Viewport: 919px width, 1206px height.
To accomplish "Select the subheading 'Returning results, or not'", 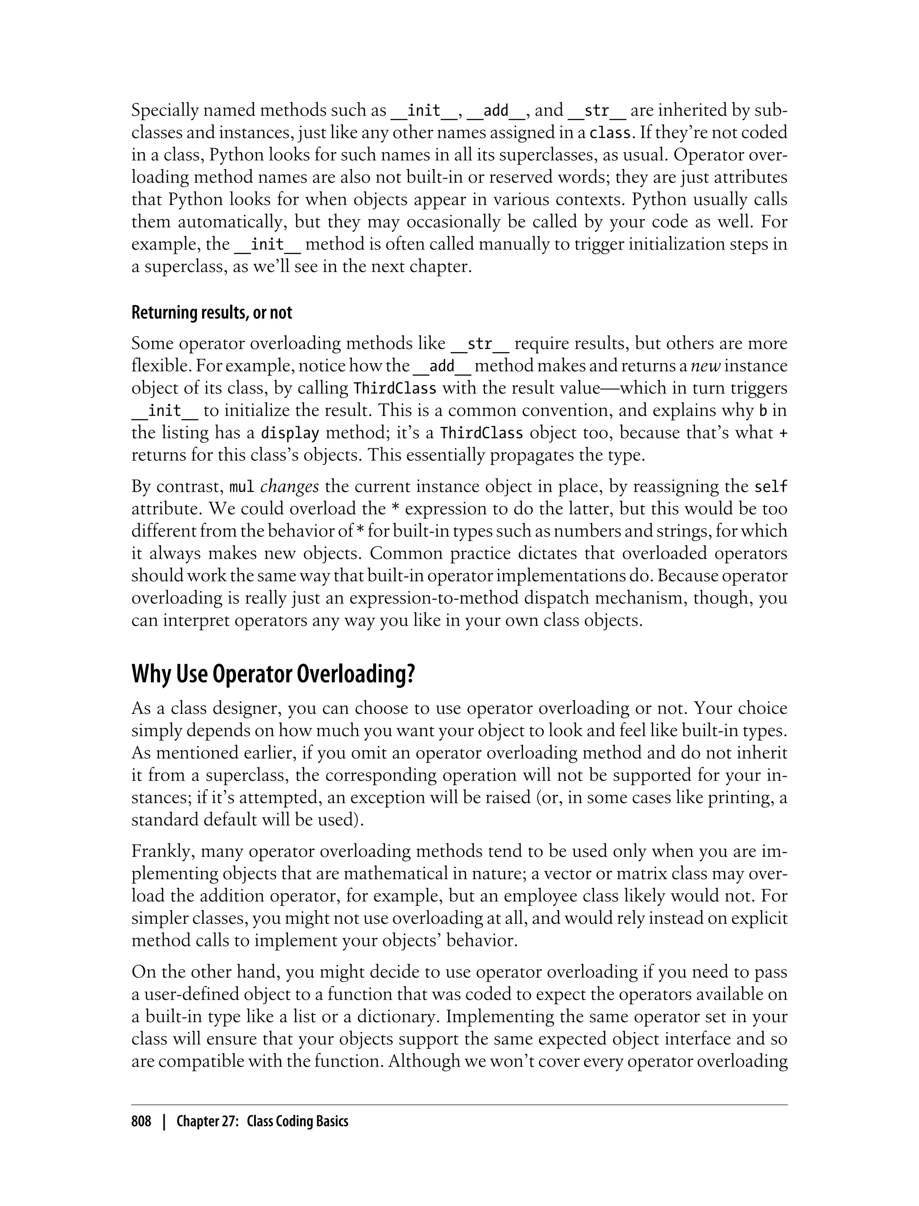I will pyautogui.click(x=212, y=313).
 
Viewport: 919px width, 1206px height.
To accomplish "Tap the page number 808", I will pyautogui.click(x=141, y=1121).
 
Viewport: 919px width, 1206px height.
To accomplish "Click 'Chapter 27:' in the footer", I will pyautogui.click(x=206, y=1121).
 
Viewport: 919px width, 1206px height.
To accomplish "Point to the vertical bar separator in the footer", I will pyautogui.click(x=163, y=1121).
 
